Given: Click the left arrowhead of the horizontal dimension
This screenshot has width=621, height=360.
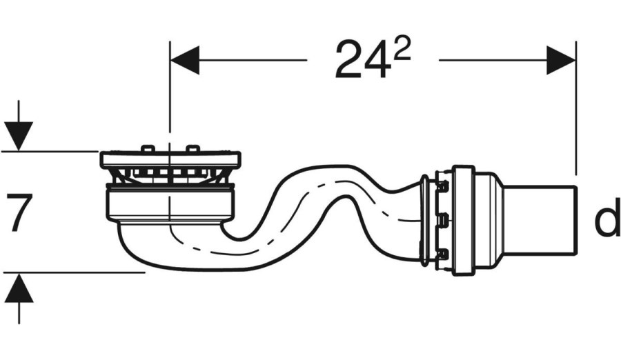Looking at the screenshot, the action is point(184,60).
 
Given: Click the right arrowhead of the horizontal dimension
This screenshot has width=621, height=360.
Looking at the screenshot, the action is point(561,60).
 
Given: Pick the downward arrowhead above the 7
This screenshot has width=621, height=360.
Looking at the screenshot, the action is point(19,137).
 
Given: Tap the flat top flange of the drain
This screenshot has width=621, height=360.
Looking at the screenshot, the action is point(170,159).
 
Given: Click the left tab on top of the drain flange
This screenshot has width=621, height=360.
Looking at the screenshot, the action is point(147,148).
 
